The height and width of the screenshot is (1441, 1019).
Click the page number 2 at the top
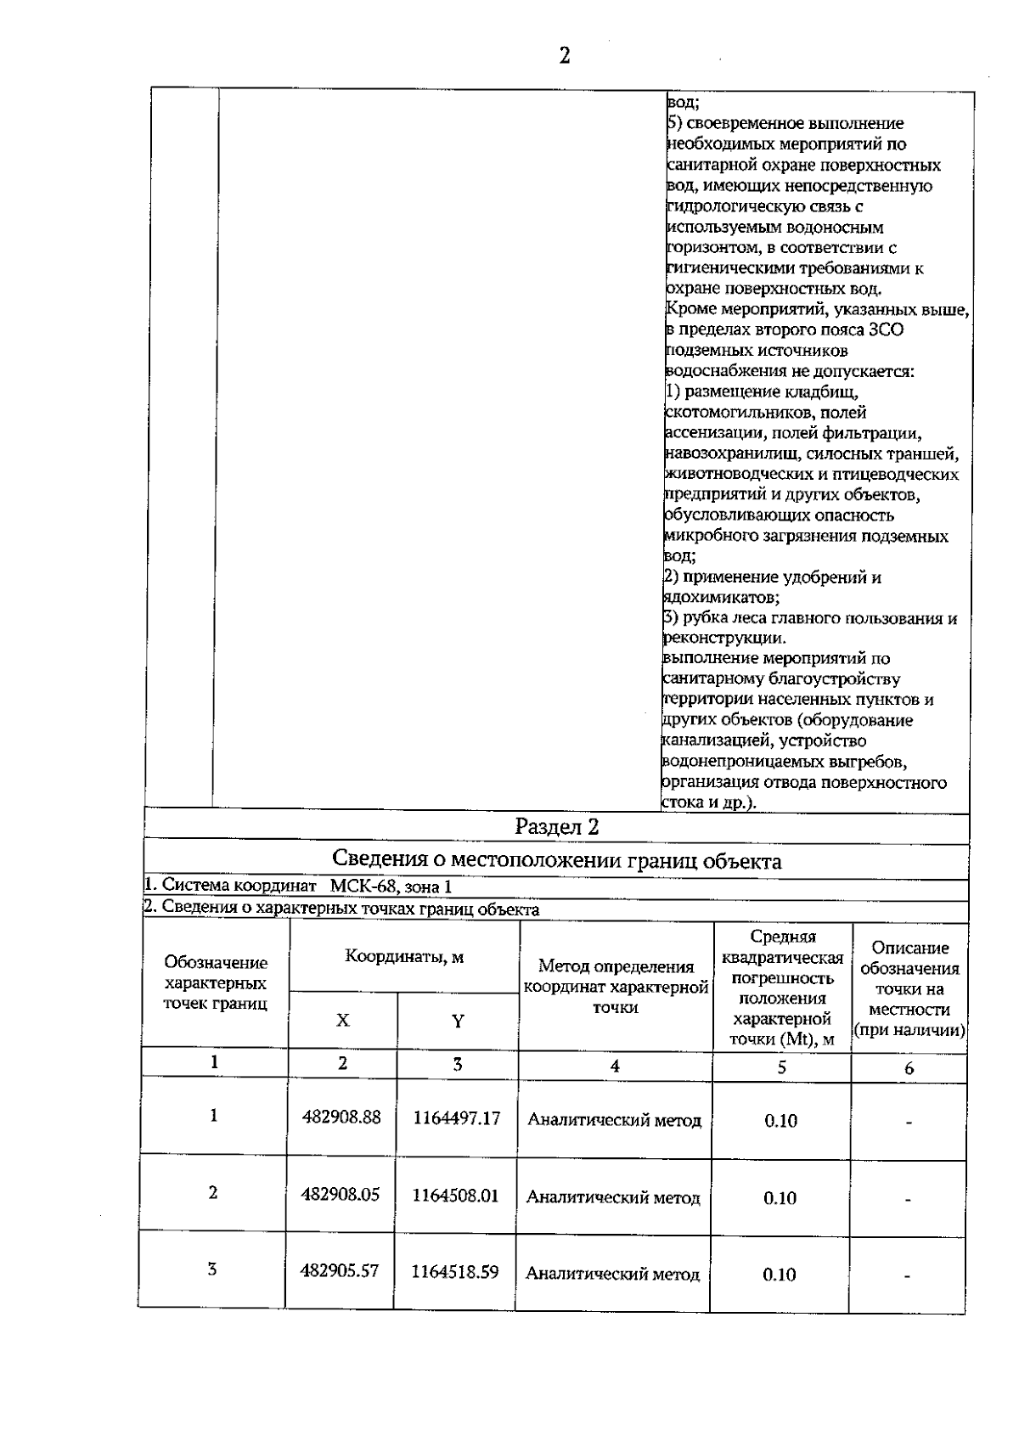(564, 56)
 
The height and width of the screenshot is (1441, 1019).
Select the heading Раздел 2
(557, 826)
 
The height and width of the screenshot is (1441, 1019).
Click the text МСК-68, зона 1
(391, 887)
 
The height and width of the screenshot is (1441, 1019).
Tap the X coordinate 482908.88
(341, 1117)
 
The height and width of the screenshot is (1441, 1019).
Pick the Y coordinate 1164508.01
(456, 1196)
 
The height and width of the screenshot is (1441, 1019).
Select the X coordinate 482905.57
(340, 1271)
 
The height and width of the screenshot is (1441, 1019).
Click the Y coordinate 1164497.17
(457, 1118)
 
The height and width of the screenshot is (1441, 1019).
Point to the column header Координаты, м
(404, 957)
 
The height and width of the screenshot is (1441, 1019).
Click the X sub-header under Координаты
(342, 1020)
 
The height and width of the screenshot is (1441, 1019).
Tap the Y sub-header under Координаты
(458, 1021)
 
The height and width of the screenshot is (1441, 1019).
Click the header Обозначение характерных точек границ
(216, 983)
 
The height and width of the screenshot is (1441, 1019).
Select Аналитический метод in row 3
(613, 1274)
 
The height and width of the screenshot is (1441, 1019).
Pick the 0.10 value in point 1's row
(780, 1121)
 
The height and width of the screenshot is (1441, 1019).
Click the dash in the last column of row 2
(908, 1199)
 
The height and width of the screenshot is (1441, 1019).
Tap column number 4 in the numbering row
(615, 1067)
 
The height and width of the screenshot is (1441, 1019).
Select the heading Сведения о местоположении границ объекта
(557, 861)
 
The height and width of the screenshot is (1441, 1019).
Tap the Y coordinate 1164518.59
(455, 1272)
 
